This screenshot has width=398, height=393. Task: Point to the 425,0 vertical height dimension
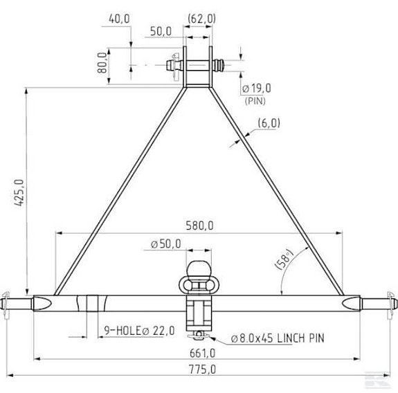[19, 193]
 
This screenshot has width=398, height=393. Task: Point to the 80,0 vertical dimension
[102, 63]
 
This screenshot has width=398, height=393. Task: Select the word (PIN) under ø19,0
[256, 100]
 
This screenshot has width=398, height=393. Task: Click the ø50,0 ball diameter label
[166, 244]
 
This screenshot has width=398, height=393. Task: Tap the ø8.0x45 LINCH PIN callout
[278, 338]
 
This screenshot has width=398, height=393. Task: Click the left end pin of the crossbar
[21, 302]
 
